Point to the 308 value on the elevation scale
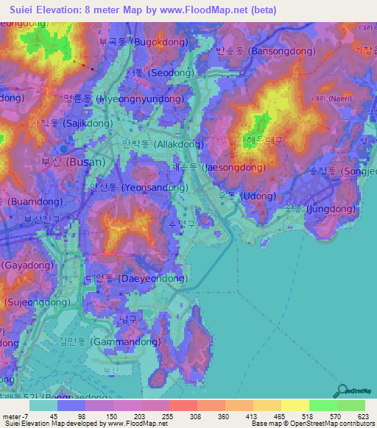(185, 416)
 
